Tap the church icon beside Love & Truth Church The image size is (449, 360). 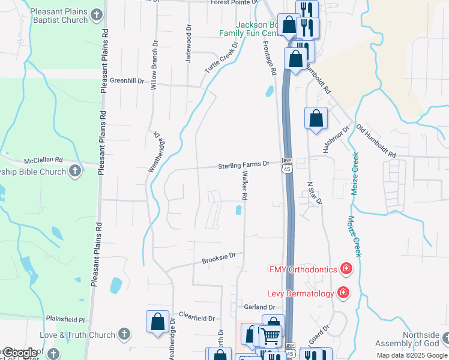[x=124, y=334]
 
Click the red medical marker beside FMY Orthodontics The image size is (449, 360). [x=346, y=268]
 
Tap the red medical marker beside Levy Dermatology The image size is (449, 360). [x=343, y=293]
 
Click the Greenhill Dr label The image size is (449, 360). [x=127, y=81]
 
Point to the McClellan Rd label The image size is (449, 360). [x=43, y=160]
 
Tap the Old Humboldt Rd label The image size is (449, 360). [x=376, y=142]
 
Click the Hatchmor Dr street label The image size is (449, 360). [x=336, y=140]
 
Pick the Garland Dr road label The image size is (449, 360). [x=259, y=307]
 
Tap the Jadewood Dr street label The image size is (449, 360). [x=188, y=44]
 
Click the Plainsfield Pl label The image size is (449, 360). [x=65, y=319]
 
